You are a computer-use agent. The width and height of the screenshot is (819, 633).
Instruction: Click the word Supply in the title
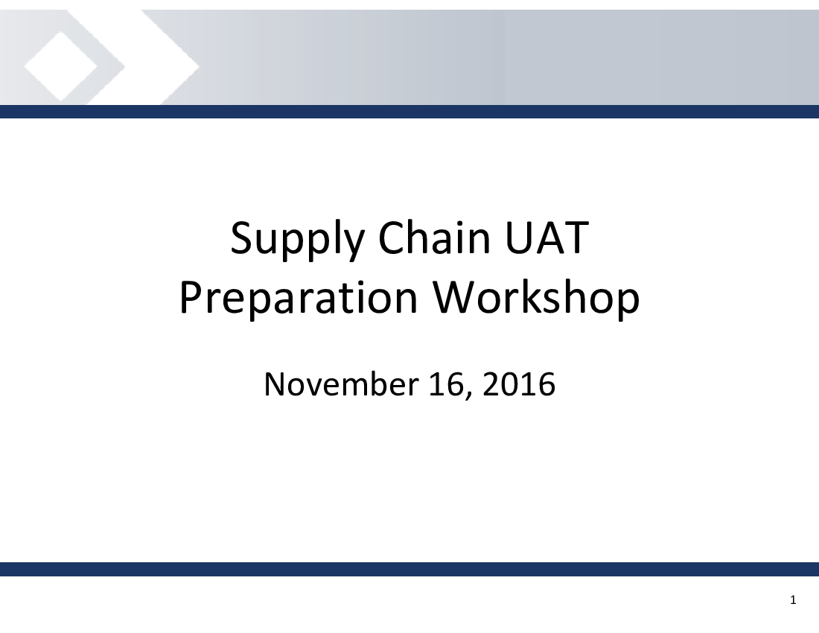[296, 240]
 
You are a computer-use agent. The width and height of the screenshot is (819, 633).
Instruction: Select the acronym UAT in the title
[547, 238]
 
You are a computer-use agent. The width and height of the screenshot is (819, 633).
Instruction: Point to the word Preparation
[299, 299]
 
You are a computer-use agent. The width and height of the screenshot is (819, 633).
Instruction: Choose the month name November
[341, 384]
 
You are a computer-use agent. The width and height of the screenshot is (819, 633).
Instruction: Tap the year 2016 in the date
[519, 384]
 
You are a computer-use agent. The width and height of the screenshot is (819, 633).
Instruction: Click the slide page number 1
[793, 600]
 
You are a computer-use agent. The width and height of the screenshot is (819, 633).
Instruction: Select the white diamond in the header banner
[60, 66]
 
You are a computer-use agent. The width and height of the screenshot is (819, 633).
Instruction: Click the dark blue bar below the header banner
[409, 111]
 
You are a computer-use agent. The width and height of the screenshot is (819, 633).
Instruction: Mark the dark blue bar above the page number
[409, 569]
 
